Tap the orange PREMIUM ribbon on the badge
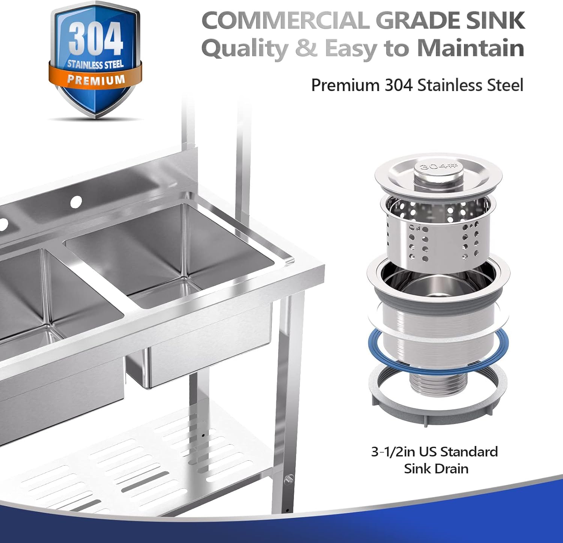pyautogui.click(x=96, y=79)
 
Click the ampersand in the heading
pyautogui.click(x=306, y=49)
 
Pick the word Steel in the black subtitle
pyautogui.click(x=505, y=85)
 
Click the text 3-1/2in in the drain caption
pyautogui.click(x=393, y=451)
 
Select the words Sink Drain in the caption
pyautogui.click(x=436, y=469)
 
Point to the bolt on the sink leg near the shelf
pyautogui.click(x=288, y=480)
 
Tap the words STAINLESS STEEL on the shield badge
pyautogui.click(x=95, y=65)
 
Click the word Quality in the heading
pyautogui.click(x=245, y=49)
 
